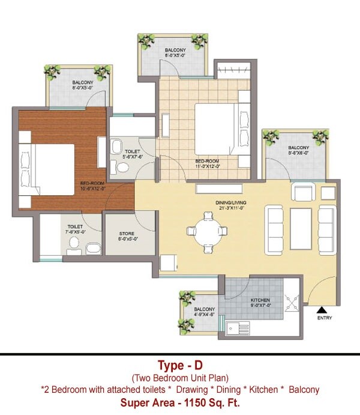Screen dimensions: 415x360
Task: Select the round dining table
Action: [x=206, y=231]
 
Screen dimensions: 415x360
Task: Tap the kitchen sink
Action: [x=239, y=329]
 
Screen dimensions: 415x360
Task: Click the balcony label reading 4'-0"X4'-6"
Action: [x=205, y=312]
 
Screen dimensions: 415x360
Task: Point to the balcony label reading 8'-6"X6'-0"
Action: [x=298, y=150]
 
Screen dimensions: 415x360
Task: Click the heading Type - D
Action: [x=180, y=365]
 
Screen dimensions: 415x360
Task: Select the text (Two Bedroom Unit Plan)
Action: [x=180, y=378]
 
